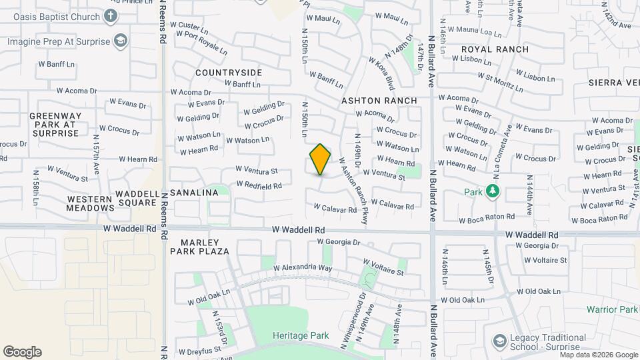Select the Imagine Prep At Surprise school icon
120,41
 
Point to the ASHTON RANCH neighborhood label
379,101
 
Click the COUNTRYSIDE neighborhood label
229,72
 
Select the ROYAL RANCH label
495,49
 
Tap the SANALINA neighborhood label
194,193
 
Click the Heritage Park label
301,335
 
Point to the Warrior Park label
612,309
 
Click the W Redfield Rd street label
259,185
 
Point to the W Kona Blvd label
381,73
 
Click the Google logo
22,352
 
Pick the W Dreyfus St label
198,349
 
